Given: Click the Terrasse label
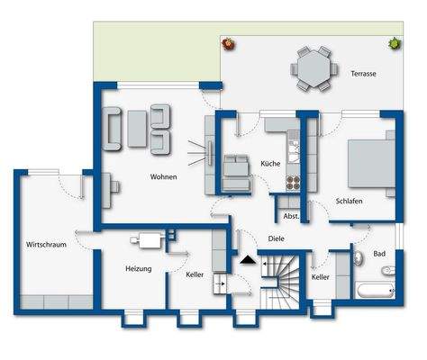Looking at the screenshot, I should [x=363, y=73].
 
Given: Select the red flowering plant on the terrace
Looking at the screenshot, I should [x=229, y=42].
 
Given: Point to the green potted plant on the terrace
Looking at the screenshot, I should [x=394, y=42].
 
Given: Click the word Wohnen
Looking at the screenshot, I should [x=163, y=177].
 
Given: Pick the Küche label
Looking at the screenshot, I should [x=270, y=165].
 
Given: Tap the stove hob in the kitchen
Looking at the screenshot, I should [x=292, y=180].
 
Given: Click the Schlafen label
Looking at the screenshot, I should [x=349, y=202].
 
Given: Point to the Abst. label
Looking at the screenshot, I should [x=290, y=217].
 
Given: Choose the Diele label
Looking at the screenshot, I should [x=277, y=238].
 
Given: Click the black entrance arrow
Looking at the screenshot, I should [x=248, y=261].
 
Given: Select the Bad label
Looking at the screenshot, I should [x=379, y=254].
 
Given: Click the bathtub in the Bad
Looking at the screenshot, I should [x=375, y=290].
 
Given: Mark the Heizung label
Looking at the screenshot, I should [x=138, y=269].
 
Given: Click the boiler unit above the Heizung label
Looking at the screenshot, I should [x=147, y=240].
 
